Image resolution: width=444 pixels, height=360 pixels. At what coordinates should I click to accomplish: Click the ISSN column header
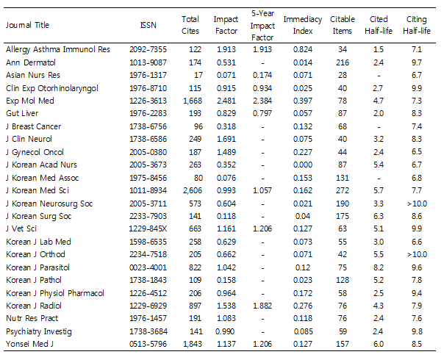click(x=148, y=25)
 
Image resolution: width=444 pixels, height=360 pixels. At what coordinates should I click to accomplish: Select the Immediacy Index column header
click(x=303, y=25)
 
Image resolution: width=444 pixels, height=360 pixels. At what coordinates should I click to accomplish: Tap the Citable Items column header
click(x=343, y=25)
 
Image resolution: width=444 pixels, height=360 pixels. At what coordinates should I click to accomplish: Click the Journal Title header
click(x=27, y=25)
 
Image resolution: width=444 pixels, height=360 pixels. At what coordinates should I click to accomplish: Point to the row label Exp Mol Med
click(x=30, y=101)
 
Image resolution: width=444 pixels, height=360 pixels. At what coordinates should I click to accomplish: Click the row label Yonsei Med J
click(x=29, y=344)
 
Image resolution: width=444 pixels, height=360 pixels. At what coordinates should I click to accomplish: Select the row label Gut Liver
click(x=22, y=113)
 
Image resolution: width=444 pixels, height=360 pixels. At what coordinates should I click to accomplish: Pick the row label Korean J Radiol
click(x=34, y=306)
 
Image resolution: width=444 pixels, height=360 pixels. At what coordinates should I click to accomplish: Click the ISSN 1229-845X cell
click(x=148, y=228)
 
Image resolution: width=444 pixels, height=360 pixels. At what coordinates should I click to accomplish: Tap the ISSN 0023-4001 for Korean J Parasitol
click(x=148, y=267)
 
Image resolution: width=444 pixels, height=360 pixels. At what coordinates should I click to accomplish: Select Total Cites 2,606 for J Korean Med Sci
click(x=193, y=190)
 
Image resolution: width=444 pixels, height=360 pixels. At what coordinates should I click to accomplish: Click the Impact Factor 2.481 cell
click(x=226, y=101)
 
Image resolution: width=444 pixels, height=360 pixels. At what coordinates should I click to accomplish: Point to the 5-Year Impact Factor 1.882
click(x=262, y=306)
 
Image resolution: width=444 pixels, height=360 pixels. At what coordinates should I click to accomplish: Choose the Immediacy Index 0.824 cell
click(x=303, y=49)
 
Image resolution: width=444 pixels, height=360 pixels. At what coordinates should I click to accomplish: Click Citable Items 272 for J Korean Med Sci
click(x=343, y=190)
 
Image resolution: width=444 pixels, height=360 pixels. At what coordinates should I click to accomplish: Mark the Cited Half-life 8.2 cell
click(x=379, y=267)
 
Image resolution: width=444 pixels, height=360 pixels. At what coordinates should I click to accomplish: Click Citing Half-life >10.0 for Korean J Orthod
click(x=417, y=254)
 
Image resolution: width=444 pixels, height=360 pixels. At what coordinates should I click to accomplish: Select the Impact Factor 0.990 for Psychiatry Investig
click(x=225, y=331)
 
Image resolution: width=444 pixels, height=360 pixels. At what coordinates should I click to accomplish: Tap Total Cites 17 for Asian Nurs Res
click(x=198, y=75)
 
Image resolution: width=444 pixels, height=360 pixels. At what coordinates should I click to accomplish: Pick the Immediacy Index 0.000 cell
click(x=303, y=165)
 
